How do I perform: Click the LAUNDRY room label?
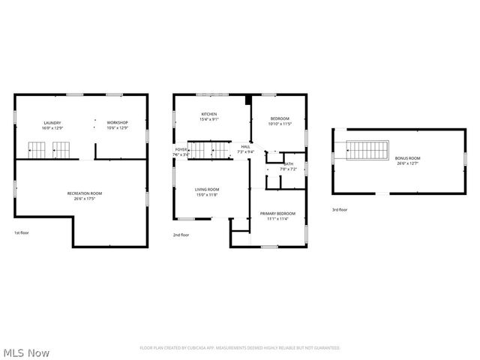click(52, 123)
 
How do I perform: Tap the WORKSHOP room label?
click(118, 123)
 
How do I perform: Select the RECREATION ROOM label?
click(84, 193)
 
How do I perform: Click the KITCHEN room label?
click(208, 114)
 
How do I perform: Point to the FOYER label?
click(181, 149)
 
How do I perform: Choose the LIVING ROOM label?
click(207, 189)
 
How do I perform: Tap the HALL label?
click(245, 146)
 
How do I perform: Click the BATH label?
click(288, 164)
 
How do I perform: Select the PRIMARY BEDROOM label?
click(277, 214)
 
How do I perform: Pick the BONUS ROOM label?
click(408, 158)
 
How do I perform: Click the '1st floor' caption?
click(21, 232)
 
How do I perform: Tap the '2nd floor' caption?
click(181, 235)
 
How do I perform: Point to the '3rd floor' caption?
click(340, 210)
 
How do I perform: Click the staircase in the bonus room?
click(368, 149)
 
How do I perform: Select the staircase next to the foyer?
click(205, 150)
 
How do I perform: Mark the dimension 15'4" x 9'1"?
click(208, 119)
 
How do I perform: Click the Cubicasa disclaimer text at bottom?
click(240, 348)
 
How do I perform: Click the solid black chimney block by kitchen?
click(247, 100)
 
